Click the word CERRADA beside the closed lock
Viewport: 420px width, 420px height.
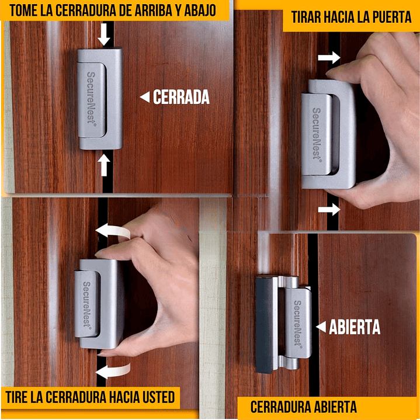click(181, 98)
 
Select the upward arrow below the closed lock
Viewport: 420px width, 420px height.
click(104, 165)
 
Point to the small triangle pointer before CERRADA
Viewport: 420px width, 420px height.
click(144, 98)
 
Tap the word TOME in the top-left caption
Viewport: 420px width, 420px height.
click(27, 10)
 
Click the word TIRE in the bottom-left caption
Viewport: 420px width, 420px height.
click(19, 398)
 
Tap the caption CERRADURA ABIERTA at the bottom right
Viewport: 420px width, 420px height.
click(303, 407)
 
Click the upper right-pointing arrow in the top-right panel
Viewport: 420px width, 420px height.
click(330, 57)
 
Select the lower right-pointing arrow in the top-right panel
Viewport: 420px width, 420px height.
click(330, 210)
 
